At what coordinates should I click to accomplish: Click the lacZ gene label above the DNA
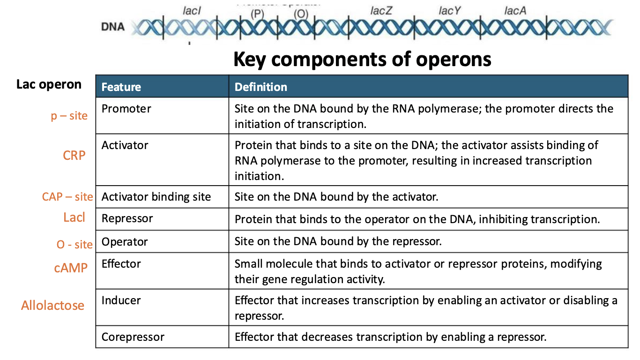click(381, 11)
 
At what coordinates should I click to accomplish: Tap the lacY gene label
click(450, 11)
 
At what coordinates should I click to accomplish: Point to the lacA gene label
click(515, 11)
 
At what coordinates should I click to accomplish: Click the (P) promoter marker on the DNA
click(257, 14)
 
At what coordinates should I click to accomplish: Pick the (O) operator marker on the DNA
click(301, 14)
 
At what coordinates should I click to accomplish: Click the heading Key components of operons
click(362, 60)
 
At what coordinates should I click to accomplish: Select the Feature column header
click(121, 87)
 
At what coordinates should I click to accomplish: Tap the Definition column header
click(261, 87)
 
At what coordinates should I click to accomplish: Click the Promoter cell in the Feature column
click(127, 109)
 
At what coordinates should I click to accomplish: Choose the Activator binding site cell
click(156, 197)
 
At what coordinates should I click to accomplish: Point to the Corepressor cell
click(133, 337)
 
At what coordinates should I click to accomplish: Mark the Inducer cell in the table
click(121, 300)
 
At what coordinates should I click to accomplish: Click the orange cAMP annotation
click(71, 268)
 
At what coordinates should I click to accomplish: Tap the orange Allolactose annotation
click(53, 306)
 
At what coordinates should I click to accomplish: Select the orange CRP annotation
click(74, 155)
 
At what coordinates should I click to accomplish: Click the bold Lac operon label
click(49, 84)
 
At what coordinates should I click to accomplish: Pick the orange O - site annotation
click(74, 245)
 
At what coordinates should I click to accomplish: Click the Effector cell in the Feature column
click(121, 264)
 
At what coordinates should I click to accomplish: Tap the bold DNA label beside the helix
click(113, 27)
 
